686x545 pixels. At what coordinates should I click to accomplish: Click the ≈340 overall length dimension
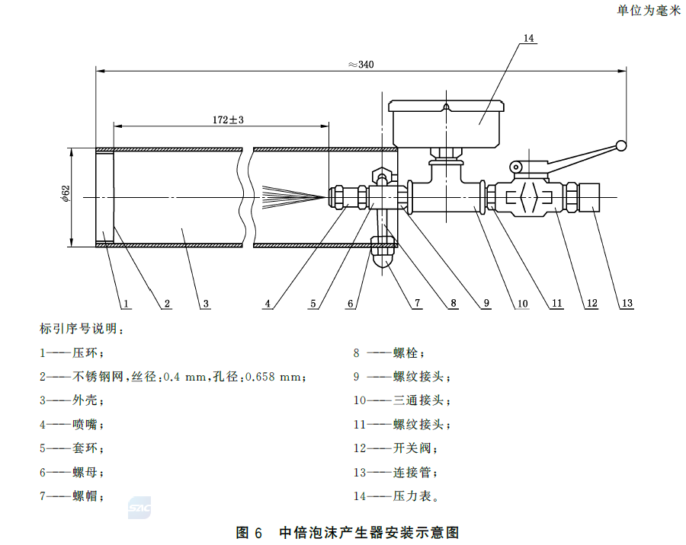pos(361,65)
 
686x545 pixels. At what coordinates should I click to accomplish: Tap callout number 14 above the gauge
pos(529,38)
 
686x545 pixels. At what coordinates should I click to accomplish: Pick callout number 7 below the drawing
pos(418,304)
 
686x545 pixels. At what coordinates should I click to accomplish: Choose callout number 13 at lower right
pos(627,304)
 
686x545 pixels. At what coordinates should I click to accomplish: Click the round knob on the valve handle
pos(622,145)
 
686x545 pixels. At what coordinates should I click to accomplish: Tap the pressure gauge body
pos(445,122)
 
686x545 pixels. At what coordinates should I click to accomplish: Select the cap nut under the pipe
pos(383,251)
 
